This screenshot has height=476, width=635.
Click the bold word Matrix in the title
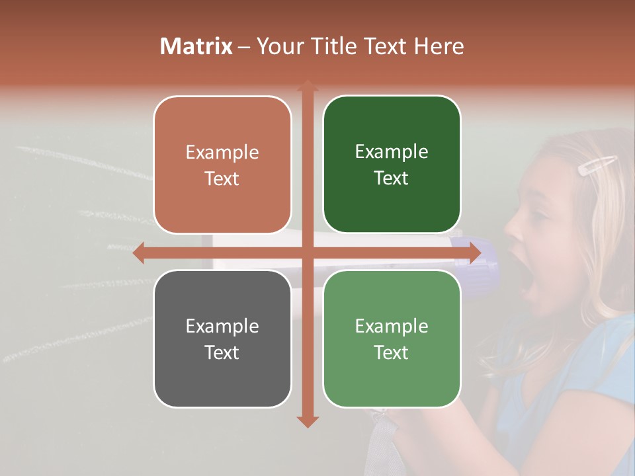pos(196,46)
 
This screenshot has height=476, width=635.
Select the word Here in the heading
pos(439,46)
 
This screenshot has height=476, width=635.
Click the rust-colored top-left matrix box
pos(222,165)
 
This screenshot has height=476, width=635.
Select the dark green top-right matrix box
pos(392,165)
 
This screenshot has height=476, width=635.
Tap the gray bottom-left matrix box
pos(222,338)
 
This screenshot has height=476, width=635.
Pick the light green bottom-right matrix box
pos(392,338)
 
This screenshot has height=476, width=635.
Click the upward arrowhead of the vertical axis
pos(307,87)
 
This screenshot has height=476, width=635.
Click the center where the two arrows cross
pos(307,253)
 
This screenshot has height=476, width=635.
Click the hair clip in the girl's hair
pos(597,165)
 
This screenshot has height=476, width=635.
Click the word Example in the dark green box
pos(392,152)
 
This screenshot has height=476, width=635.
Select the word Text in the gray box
pos(222,352)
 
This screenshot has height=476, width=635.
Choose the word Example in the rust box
pos(222,152)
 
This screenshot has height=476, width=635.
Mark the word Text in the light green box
pos(392,352)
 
